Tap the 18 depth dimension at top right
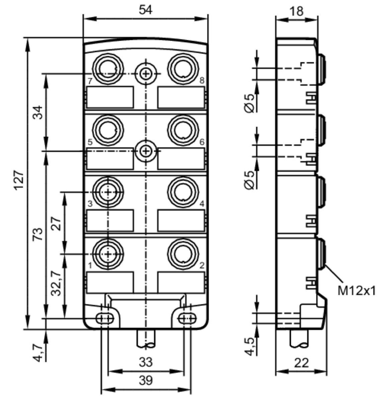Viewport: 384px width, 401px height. click(297, 11)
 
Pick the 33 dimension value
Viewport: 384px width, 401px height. click(146, 362)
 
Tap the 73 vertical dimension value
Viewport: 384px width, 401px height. click(38, 234)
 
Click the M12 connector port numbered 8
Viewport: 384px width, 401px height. click(183, 69)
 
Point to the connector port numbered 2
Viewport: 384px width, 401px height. click(183, 254)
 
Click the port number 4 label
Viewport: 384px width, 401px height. click(202, 204)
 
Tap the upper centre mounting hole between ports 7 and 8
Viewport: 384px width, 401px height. click(146, 74)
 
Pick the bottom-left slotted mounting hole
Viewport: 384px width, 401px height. click(105, 318)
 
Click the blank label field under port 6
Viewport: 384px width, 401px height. click(181, 159)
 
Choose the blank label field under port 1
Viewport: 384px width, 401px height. click(110, 282)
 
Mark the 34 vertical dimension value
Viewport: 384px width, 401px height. click(38, 112)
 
